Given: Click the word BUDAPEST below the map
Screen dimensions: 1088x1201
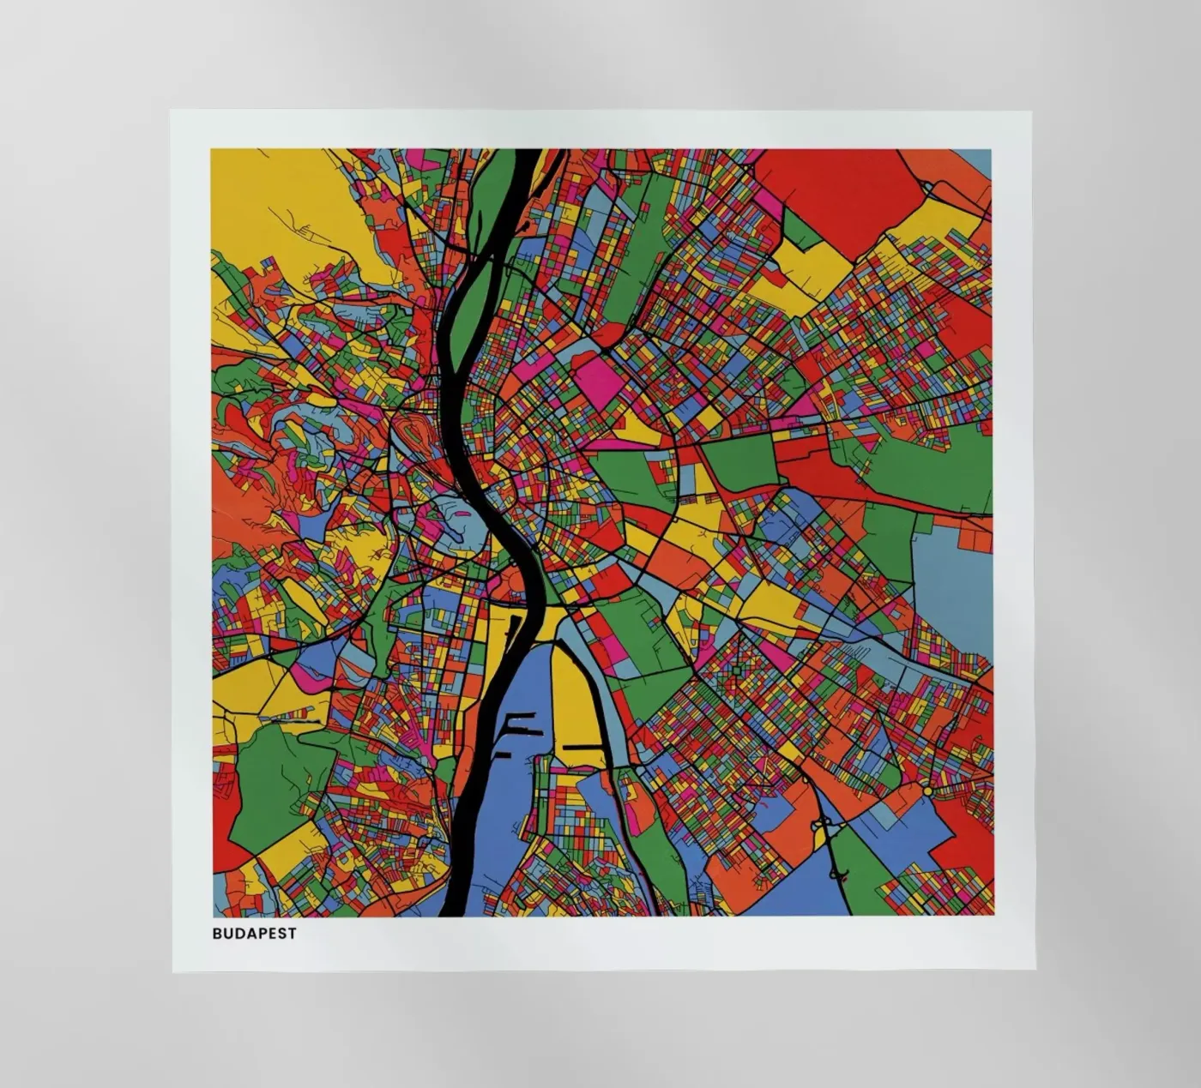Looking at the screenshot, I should pyautogui.click(x=254, y=934).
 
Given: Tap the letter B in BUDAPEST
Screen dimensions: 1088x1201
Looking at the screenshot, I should pyautogui.click(x=217, y=934).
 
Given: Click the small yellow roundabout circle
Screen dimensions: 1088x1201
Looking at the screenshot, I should pyautogui.click(x=928, y=790).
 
